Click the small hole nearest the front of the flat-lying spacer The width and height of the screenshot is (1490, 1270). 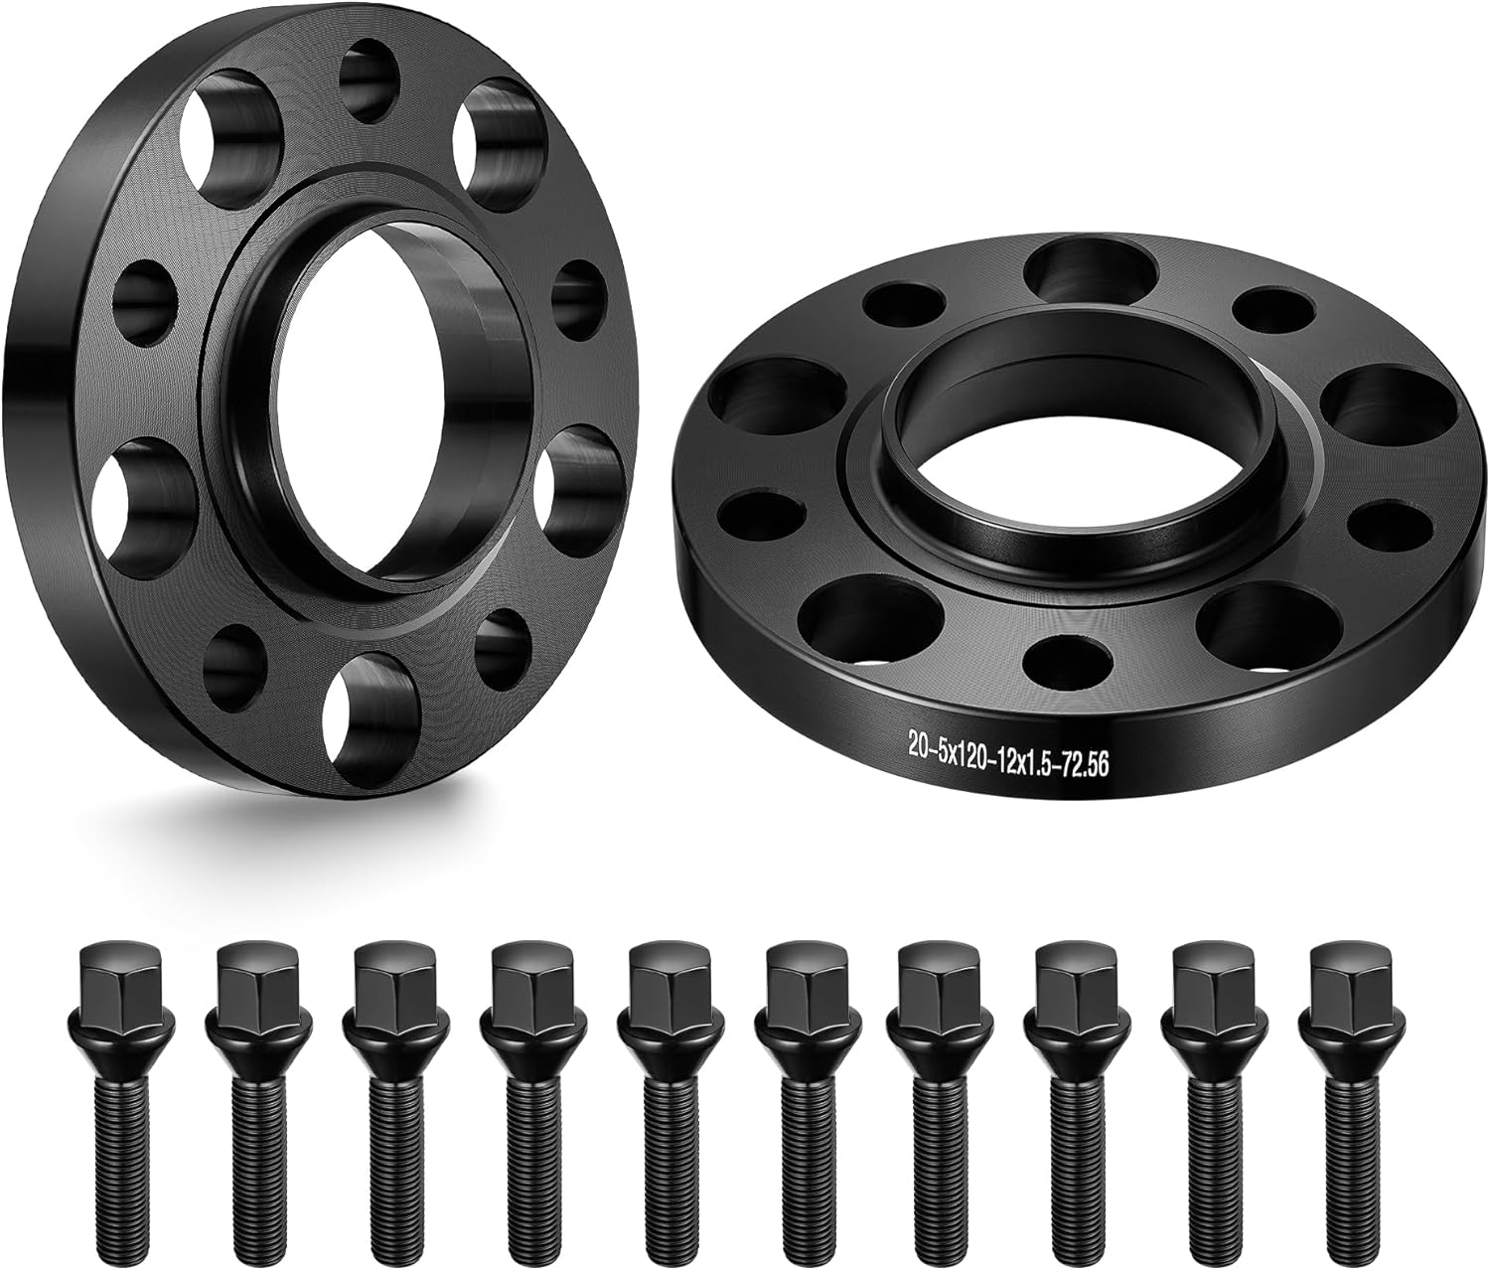[x=1067, y=661]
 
